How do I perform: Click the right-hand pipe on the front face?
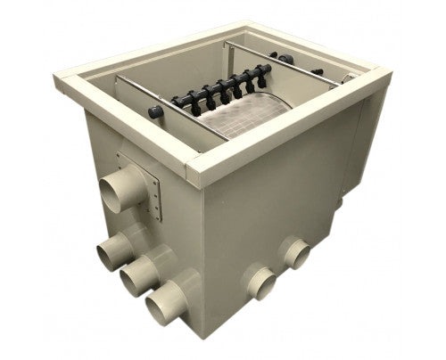(293, 253)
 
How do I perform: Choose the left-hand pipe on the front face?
(260, 282)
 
